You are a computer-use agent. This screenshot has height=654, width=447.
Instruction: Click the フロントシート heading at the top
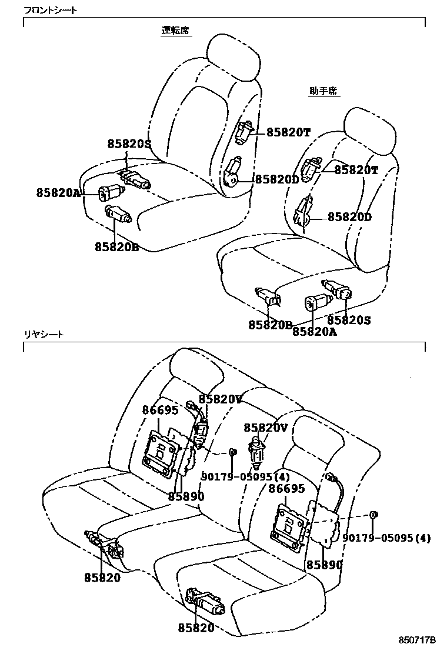(50, 11)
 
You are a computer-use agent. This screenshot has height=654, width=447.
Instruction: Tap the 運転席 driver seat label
(176, 31)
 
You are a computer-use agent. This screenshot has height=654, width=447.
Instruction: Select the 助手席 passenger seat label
(324, 91)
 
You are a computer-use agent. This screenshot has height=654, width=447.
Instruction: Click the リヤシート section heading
(44, 334)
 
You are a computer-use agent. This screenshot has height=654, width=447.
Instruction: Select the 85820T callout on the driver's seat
(288, 133)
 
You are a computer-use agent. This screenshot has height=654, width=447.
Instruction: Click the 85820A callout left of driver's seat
(58, 192)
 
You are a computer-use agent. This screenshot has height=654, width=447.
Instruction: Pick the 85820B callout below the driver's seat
(116, 247)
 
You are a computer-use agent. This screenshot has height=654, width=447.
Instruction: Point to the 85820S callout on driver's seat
(129, 144)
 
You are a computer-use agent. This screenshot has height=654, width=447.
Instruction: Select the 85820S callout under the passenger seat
(349, 321)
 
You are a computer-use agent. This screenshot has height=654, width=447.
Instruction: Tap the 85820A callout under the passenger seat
(315, 332)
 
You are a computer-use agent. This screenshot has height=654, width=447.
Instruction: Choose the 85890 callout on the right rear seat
(324, 565)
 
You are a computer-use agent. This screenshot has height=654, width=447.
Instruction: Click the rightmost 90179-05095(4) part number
(386, 538)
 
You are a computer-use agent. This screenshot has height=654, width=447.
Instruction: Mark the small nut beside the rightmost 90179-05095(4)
(373, 516)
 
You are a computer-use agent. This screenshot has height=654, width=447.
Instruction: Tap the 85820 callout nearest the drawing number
(196, 628)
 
